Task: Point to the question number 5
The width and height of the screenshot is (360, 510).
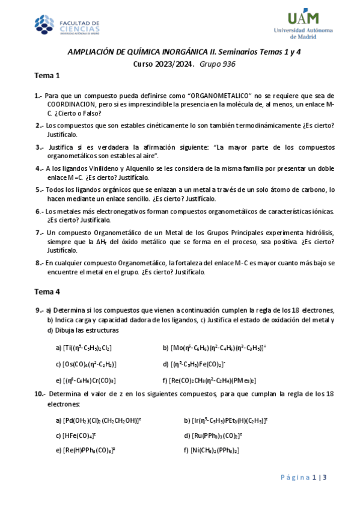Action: click(38, 189)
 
